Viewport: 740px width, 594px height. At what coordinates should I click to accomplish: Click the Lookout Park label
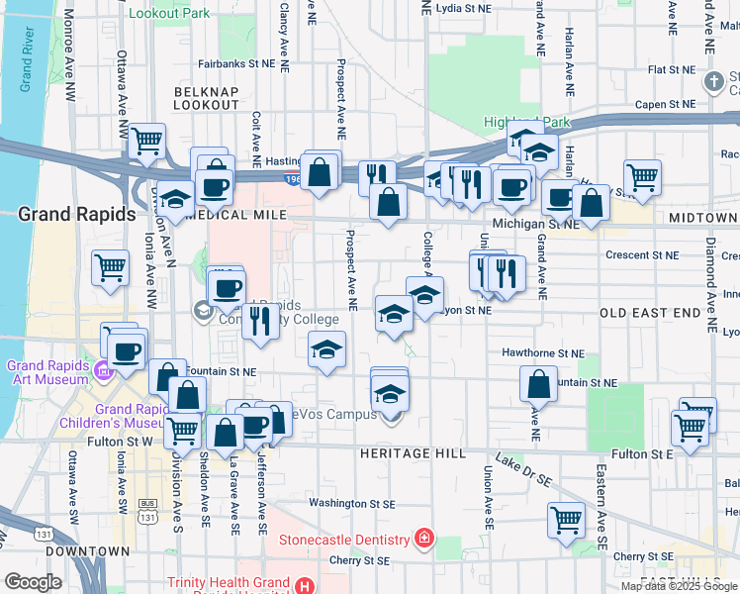[x=169, y=13]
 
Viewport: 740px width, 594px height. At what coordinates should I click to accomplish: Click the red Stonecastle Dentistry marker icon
[x=423, y=539]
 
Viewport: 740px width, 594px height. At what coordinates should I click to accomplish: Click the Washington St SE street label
[x=351, y=503]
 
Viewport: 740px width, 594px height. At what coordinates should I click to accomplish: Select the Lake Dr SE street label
[x=524, y=470]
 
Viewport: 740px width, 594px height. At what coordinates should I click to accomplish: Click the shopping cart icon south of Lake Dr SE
[x=567, y=519]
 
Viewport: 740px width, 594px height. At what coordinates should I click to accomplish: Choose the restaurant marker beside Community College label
[x=259, y=322]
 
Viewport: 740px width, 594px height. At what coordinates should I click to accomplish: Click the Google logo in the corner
[x=33, y=582]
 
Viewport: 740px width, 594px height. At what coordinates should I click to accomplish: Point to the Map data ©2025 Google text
[x=678, y=586]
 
